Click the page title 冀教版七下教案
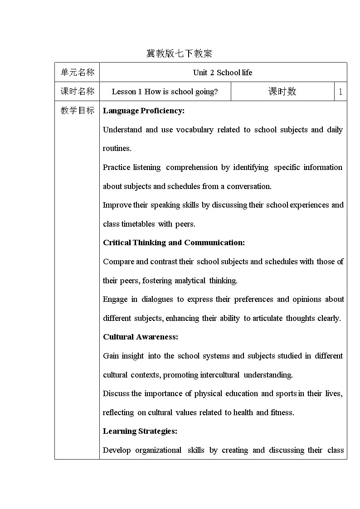179,53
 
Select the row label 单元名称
78,73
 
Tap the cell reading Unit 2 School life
223,73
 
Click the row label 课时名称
78,92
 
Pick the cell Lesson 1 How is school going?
165,92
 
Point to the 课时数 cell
282,92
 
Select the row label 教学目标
78,111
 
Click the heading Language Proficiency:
144,111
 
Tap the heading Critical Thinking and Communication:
174,242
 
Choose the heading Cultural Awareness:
141,337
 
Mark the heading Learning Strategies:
140,431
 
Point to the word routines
117,148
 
